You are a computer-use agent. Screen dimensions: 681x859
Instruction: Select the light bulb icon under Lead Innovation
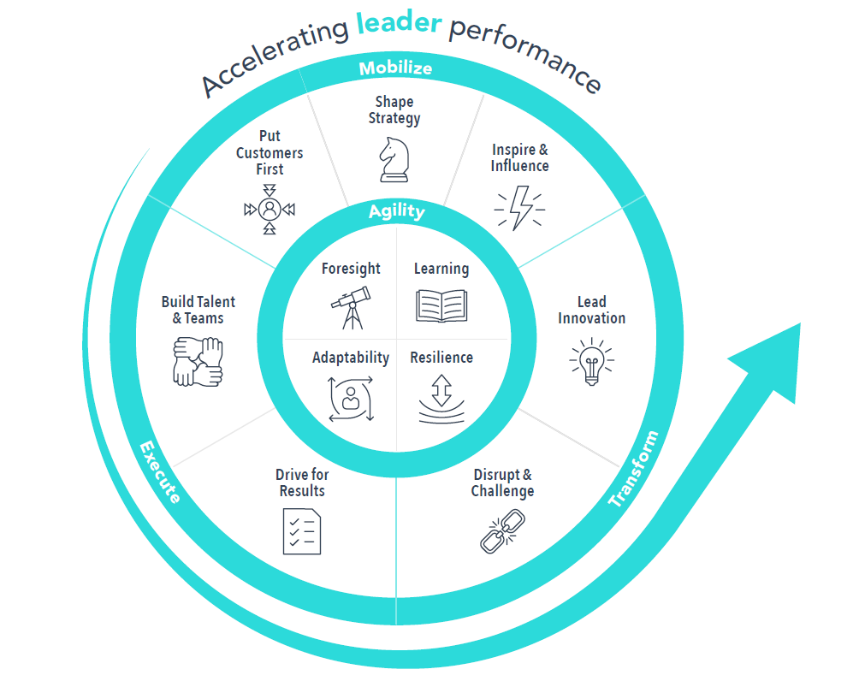point(591,361)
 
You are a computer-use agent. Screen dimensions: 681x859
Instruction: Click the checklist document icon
point(301,530)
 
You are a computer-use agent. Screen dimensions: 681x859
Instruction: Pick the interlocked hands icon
point(198,360)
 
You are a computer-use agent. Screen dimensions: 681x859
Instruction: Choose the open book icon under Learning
point(441,305)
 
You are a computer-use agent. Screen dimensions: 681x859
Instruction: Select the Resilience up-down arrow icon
point(441,397)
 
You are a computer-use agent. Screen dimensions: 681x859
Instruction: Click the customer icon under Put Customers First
point(270,209)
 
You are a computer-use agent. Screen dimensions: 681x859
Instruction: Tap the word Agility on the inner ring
point(397,211)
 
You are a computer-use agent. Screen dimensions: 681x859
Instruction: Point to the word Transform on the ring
point(635,469)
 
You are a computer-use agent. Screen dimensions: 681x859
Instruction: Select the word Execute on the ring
point(160,471)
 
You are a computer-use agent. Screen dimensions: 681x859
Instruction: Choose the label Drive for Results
point(302,483)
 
